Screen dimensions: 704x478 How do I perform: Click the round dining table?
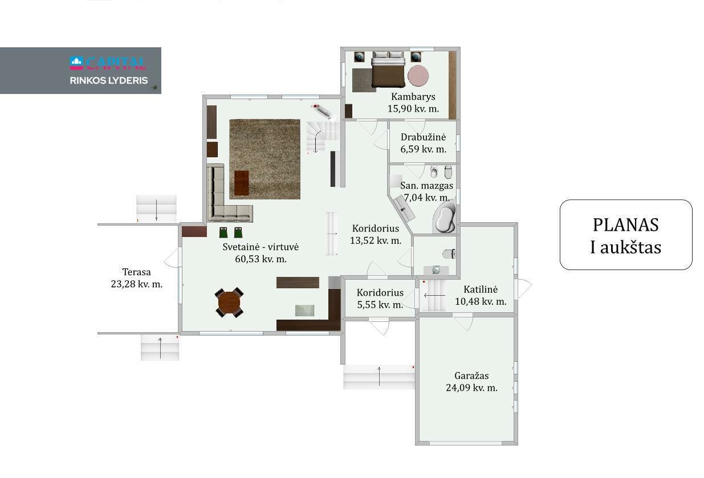229,303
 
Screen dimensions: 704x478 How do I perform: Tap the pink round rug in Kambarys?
418,75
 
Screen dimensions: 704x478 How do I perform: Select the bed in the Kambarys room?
388,70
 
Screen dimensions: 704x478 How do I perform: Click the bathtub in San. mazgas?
445,217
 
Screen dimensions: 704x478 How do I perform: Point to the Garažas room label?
471,375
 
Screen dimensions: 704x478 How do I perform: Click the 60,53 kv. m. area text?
261,259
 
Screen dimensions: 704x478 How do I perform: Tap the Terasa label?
136,272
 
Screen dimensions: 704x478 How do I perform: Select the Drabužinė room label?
423,137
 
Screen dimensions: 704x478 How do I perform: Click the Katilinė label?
481,289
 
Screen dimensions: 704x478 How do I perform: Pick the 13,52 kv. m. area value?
376,240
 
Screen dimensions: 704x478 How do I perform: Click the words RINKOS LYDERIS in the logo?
109,81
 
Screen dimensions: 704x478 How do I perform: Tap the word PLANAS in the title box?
626,225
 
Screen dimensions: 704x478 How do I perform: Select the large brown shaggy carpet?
264,159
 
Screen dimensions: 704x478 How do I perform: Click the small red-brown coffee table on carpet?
241,183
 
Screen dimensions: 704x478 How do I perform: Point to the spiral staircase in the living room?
323,137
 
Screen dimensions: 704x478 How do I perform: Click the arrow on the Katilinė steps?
434,295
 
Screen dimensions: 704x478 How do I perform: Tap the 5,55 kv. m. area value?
380,305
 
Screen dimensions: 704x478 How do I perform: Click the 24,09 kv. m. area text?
471,388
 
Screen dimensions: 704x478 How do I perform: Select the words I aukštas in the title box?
626,247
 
